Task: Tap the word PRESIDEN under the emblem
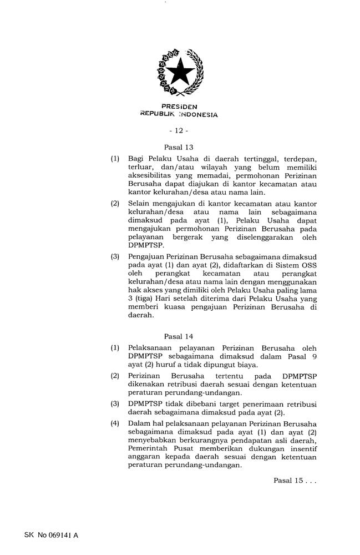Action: [x=179, y=107]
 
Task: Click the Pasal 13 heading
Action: [x=179, y=148]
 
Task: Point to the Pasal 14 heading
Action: [x=179, y=336]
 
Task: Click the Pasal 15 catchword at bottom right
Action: [x=295, y=481]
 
